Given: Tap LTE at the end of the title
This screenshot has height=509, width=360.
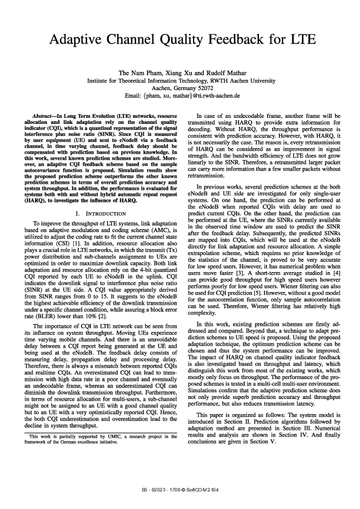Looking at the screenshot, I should click(x=300, y=41).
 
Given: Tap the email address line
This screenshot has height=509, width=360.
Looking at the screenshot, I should click(x=180, y=96).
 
